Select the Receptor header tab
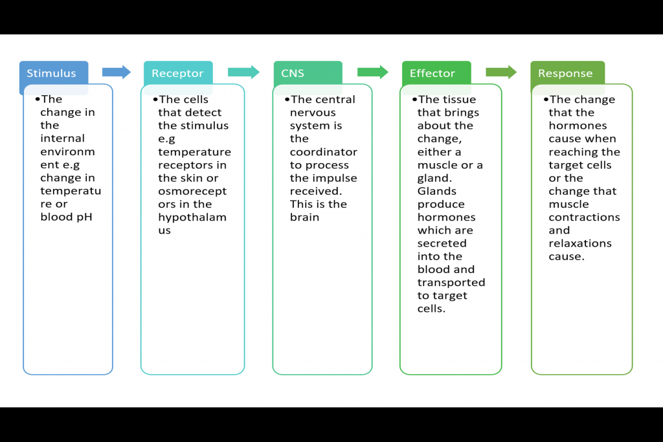click(178, 73)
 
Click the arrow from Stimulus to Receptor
click(117, 72)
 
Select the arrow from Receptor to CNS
click(243, 72)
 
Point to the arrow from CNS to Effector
click(372, 72)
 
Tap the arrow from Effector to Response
click(501, 72)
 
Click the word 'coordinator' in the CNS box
click(323, 152)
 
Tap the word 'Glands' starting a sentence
click(436, 191)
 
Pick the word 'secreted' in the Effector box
click(442, 243)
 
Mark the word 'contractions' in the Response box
click(584, 217)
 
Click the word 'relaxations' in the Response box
click(580, 243)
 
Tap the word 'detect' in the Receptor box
click(204, 113)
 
